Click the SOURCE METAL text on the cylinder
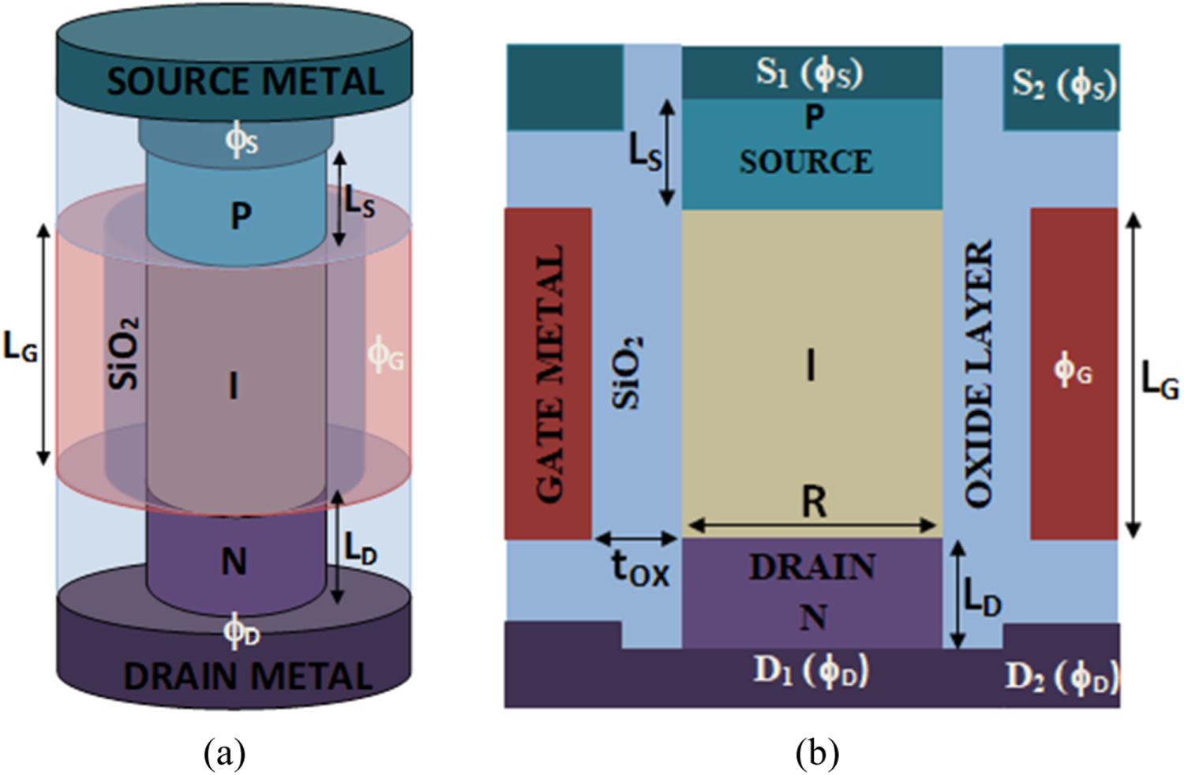245,82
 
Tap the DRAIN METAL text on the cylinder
248,676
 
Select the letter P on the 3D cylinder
241,215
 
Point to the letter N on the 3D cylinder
234,562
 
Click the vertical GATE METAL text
550,373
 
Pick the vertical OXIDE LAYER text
978,373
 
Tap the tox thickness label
640,567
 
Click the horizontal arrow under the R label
812,525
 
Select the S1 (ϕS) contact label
810,73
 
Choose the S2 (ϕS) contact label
1063,84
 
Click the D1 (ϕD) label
811,671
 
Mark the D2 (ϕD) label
1062,676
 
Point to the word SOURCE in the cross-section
806,162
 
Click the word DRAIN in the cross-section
812,567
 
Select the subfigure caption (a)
225,753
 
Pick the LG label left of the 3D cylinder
21,347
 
